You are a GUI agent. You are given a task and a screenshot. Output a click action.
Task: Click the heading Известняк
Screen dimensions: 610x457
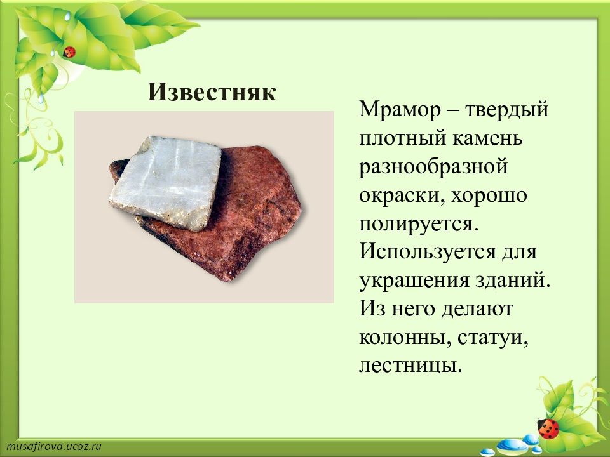pos(212,93)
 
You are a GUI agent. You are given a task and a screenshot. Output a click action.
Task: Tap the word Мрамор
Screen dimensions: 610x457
pos(400,110)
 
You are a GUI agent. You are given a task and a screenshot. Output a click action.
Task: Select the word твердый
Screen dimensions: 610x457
pos(507,110)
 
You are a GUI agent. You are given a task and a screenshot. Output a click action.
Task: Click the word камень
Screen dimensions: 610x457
pos(488,138)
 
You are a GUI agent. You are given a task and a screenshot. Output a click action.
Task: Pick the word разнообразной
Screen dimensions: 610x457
pos(434,167)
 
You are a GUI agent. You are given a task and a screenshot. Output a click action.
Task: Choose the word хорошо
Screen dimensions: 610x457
pos(489,195)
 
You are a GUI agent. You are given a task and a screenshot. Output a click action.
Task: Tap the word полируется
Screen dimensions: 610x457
pos(418,224)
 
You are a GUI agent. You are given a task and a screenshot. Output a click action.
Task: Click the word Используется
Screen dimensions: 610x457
pos(428,251)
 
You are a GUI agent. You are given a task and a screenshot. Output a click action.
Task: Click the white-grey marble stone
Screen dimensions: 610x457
pos(165,183)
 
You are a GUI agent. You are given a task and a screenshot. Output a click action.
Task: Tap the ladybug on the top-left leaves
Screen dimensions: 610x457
pos(69,51)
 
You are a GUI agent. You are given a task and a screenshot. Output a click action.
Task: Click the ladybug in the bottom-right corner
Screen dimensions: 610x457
pos(548,428)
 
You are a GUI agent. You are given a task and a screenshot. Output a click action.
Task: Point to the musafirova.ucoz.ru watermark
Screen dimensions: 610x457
pos(54,446)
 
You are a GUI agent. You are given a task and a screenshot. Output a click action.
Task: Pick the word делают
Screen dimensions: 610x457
pos(478,309)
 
